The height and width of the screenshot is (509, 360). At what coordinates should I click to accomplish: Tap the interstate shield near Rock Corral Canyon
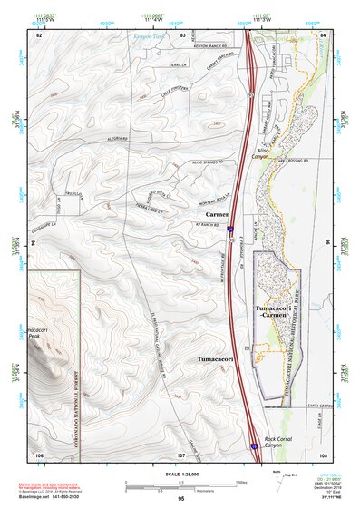(x=254, y=445)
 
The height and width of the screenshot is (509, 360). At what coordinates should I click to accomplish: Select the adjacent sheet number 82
(x=39, y=34)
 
